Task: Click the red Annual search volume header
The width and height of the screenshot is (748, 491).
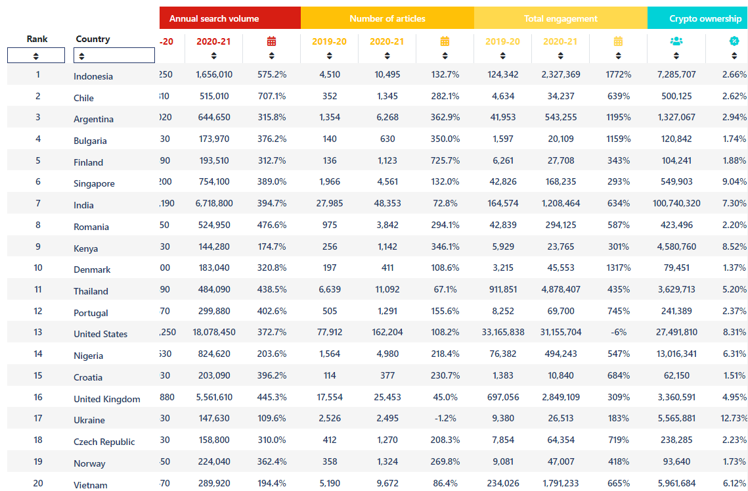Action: tap(214, 18)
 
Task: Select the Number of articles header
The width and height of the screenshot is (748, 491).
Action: tap(387, 18)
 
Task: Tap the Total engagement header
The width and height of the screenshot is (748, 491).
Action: tap(560, 18)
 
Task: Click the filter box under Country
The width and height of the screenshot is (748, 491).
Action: tap(115, 56)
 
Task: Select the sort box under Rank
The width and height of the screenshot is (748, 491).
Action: tap(36, 56)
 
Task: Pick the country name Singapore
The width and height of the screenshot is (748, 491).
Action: tap(94, 183)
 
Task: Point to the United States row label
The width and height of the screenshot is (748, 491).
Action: tap(100, 334)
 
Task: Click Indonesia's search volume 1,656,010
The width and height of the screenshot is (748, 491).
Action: tap(214, 74)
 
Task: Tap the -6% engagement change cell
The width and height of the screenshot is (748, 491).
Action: tap(618, 332)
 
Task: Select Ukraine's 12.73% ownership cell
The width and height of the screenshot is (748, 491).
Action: tap(734, 418)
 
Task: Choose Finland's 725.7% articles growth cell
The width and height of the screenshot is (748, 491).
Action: tap(445, 160)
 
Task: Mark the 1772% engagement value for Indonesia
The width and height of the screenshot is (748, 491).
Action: tap(618, 74)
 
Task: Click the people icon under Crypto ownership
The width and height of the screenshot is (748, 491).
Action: tap(676, 41)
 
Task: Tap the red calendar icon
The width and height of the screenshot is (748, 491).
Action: tap(271, 41)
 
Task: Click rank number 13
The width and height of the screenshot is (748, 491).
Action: tap(37, 332)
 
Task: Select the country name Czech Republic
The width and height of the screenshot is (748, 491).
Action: tap(104, 442)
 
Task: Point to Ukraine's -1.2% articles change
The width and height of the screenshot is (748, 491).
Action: tap(445, 418)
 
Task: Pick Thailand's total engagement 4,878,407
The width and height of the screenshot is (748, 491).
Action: tap(560, 289)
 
